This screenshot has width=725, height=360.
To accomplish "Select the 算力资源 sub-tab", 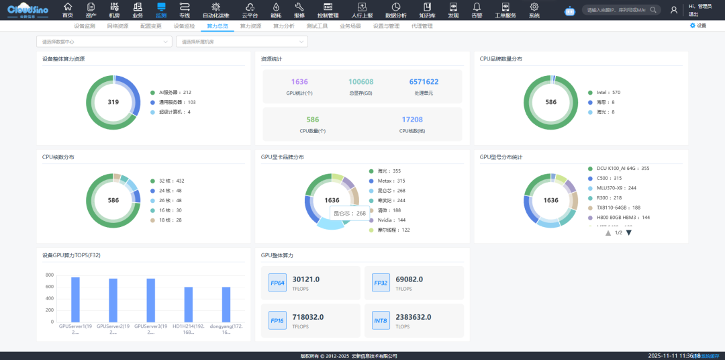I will (x=248, y=26).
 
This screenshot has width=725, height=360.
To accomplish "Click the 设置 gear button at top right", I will (x=697, y=26).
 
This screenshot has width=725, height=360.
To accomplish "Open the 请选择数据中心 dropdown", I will (x=104, y=42).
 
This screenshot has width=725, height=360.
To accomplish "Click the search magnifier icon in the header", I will (x=653, y=10).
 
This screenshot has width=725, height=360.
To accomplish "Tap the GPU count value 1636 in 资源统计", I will (x=299, y=82).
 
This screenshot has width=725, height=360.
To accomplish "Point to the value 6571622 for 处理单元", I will (x=424, y=82).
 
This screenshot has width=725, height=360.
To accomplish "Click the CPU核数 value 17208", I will (x=412, y=120).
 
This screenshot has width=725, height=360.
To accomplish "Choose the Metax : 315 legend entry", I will (x=387, y=181).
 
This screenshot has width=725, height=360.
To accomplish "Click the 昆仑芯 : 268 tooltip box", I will (x=351, y=213).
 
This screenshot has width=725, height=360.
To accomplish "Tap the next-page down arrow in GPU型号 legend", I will (x=629, y=232).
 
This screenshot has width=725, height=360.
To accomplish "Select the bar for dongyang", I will (x=226, y=304).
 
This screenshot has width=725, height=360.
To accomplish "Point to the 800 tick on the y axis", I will (x=50, y=275).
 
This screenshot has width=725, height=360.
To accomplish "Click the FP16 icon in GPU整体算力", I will (x=277, y=321).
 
